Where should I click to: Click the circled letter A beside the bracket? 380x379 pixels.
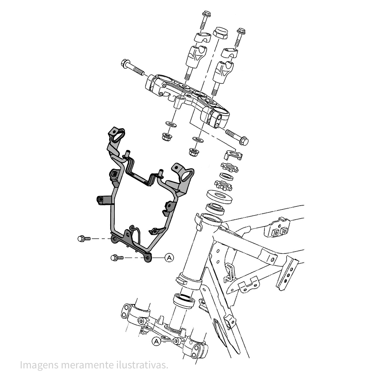pyautogui.click(x=169, y=257)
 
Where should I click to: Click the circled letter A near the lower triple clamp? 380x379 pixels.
pyautogui.click(x=155, y=341)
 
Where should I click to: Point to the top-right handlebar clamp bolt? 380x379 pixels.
pyautogui.click(x=241, y=36)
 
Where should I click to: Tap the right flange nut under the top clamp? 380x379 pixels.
pyautogui.click(x=194, y=152)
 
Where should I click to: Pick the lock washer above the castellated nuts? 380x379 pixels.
pyautogui.click(x=233, y=154)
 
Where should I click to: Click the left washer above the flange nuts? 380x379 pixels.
pyautogui.click(x=169, y=124)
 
